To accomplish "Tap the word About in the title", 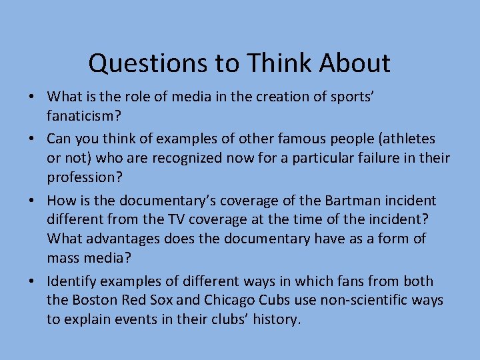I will [x=355, y=63].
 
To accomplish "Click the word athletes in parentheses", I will [x=407, y=139].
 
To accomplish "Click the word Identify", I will [x=71, y=281].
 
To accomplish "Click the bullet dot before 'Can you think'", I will [x=31, y=139].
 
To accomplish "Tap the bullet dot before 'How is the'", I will [x=31, y=201].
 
